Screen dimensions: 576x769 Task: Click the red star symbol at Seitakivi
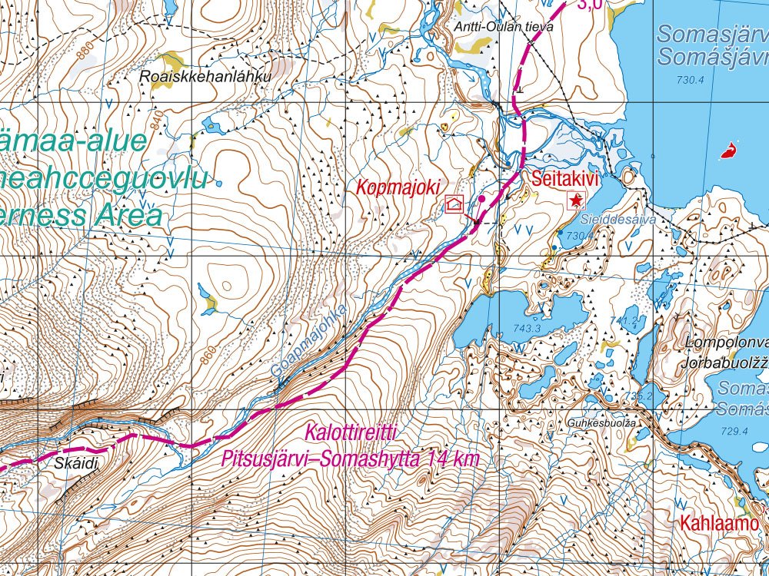pyautogui.click(x=575, y=201)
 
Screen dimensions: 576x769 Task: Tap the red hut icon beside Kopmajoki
pyautogui.click(x=454, y=204)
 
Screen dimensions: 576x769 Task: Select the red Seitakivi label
pyautogui.click(x=565, y=179)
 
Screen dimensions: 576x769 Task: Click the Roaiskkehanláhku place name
pyautogui.click(x=205, y=77)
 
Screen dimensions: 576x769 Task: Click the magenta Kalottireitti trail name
pyautogui.click(x=351, y=433)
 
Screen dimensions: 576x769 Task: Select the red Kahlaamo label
pyautogui.click(x=719, y=524)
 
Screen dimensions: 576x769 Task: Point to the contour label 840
pyautogui.click(x=158, y=121)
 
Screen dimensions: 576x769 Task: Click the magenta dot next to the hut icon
pyautogui.click(x=481, y=199)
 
